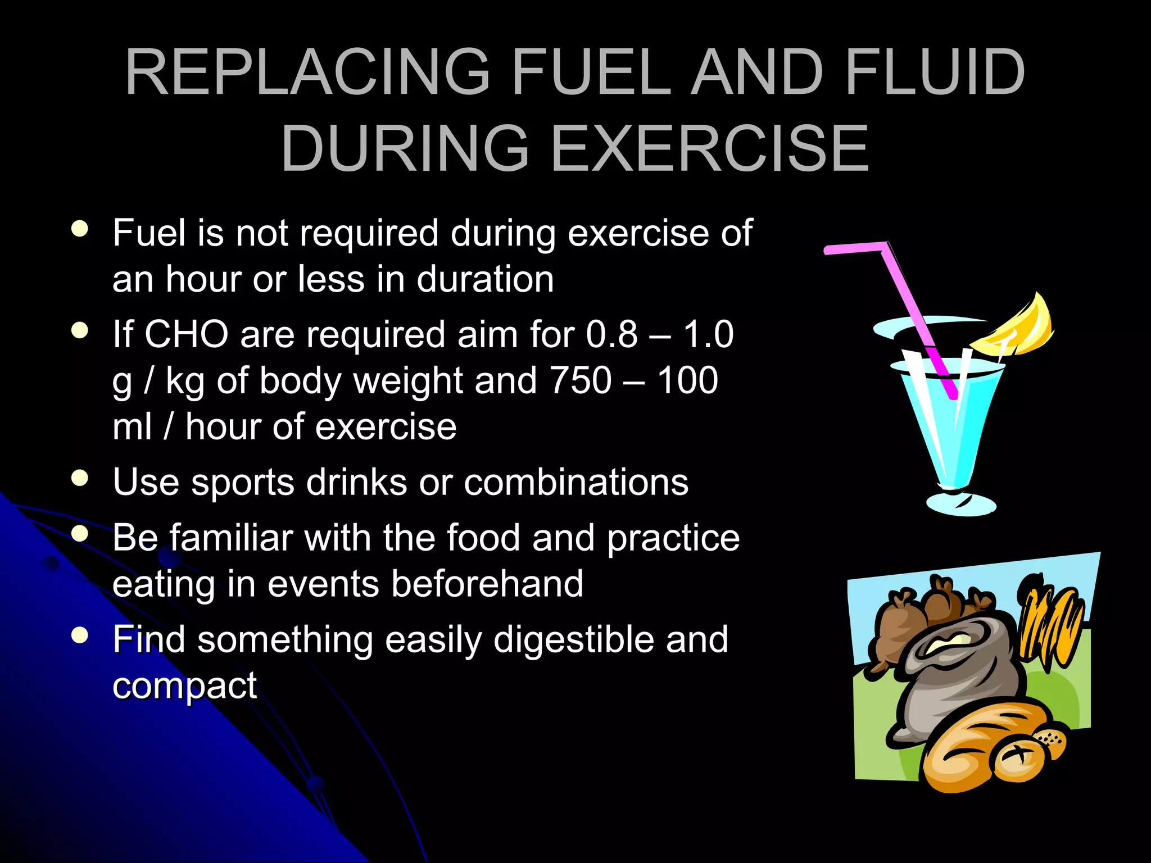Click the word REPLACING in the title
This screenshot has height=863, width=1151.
click(307, 73)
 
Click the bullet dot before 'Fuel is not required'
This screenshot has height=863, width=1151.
click(80, 229)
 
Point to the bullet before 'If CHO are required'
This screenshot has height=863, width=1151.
click(80, 330)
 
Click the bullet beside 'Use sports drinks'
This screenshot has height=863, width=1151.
click(80, 478)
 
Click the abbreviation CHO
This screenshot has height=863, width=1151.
click(186, 335)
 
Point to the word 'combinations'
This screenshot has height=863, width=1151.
click(575, 483)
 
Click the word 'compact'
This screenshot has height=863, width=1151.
click(184, 687)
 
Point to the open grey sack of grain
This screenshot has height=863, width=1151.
click(950, 669)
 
